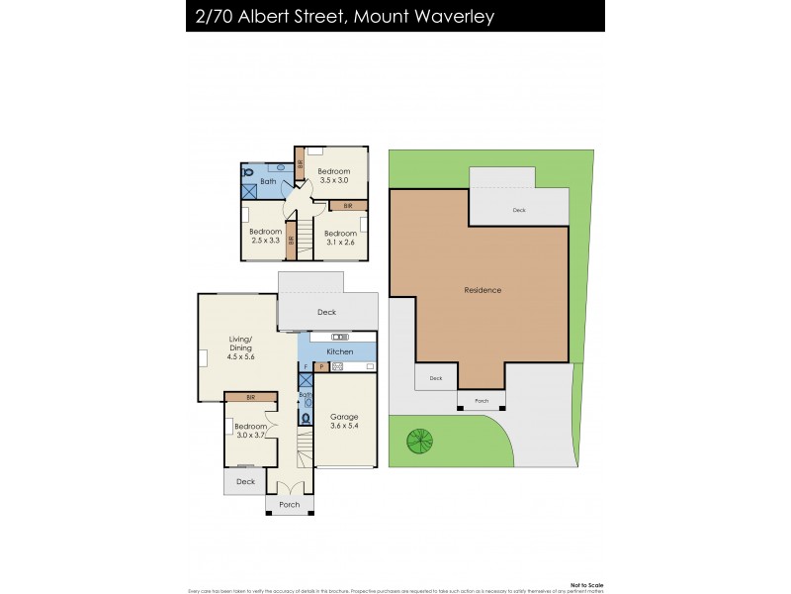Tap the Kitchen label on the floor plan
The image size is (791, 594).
click(x=339, y=351)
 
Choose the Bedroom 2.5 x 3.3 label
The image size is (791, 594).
click(x=266, y=236)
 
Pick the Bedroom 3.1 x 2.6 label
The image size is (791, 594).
click(x=341, y=238)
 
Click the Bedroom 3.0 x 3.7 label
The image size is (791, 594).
click(x=250, y=432)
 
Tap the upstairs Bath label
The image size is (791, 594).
click(x=267, y=182)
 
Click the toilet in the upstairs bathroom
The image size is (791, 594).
click(x=248, y=170)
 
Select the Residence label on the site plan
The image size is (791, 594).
click(x=483, y=290)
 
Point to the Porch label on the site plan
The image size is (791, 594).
click(x=482, y=401)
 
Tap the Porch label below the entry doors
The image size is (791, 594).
click(x=289, y=505)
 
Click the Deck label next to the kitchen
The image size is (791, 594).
click(x=326, y=312)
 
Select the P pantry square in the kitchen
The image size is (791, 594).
click(x=320, y=367)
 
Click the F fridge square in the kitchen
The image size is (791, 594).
click(x=306, y=367)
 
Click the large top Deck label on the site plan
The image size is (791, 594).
click(x=519, y=210)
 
